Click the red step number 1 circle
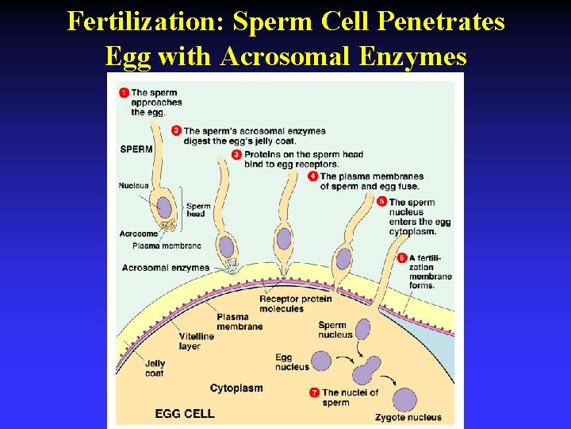point(124,93)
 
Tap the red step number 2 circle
point(177,130)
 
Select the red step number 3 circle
point(237,154)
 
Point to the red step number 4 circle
point(313,176)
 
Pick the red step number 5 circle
point(382,202)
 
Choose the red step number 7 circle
point(315,392)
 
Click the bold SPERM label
point(136,149)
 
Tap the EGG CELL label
point(185,414)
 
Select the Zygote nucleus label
point(408,417)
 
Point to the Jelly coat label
point(155,369)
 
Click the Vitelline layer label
point(196,341)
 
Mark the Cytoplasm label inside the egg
point(236,388)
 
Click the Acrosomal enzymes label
point(166,268)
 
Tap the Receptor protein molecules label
point(295,303)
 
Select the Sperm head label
point(198,210)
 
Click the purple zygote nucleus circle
point(405,400)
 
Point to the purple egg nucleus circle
point(321,361)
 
